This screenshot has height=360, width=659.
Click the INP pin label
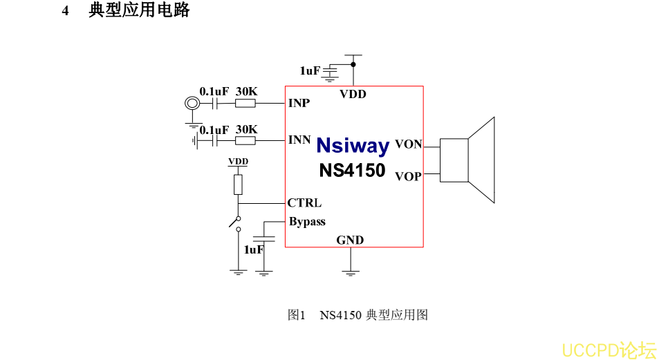pos(299,104)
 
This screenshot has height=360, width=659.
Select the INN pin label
pos(299,140)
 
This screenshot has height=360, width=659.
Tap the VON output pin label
pos(408,144)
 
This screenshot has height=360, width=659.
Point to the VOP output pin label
pos(408,176)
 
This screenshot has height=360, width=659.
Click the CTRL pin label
pos(304,203)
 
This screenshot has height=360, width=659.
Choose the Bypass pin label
pos(307,222)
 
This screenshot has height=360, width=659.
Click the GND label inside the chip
pos(350,240)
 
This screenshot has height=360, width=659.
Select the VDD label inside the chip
pos(353,94)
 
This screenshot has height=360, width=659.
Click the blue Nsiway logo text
pos(353,146)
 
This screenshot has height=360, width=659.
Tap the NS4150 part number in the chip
pos(352,170)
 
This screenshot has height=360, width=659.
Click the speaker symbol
pos(467,160)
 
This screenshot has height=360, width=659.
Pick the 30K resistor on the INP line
pos(245,104)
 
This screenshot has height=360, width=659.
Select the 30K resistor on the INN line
pos(245,140)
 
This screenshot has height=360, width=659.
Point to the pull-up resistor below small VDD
pos(239,184)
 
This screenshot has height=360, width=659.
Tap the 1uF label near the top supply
pos(310,70)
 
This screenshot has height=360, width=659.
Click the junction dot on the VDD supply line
pos(353,64)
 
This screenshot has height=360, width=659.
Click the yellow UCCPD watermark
pos(609,350)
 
